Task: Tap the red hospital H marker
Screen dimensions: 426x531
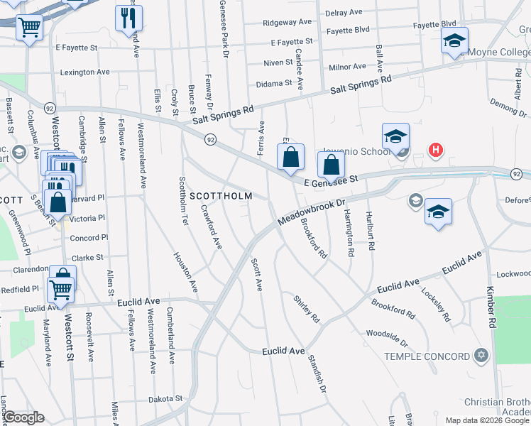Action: (x=437, y=150)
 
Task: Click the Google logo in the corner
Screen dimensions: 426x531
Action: (x=23, y=417)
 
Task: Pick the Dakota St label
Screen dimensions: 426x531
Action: (x=165, y=399)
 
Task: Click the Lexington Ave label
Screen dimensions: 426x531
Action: (x=85, y=72)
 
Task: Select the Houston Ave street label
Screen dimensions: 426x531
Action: (x=185, y=272)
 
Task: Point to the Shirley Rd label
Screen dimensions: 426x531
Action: (x=307, y=309)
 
